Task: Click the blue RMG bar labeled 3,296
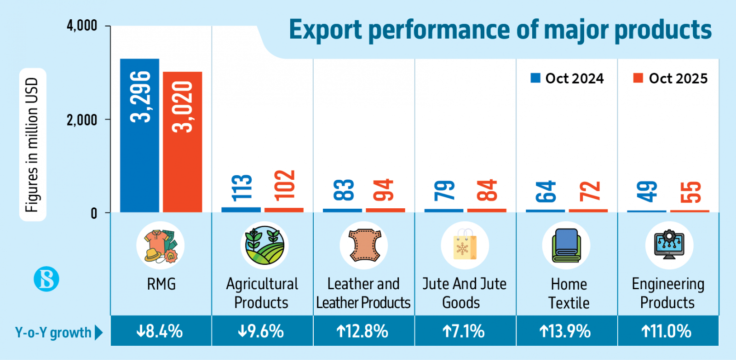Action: click(x=139, y=135)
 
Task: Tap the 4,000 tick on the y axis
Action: click(x=82, y=26)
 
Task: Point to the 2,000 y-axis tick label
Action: click(x=82, y=120)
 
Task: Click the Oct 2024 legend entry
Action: click(x=567, y=79)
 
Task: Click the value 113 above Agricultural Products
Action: click(x=242, y=188)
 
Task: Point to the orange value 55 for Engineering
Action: click(x=690, y=192)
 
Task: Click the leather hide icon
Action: click(x=364, y=245)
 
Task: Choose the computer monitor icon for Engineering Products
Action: click(x=669, y=245)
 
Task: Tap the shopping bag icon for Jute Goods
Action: click(x=465, y=245)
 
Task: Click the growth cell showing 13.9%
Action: click(x=566, y=331)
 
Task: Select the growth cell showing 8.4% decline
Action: click(x=161, y=331)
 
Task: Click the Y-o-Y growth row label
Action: click(x=53, y=332)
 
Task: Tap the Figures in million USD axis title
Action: click(x=32, y=144)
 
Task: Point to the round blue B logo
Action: click(x=46, y=279)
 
